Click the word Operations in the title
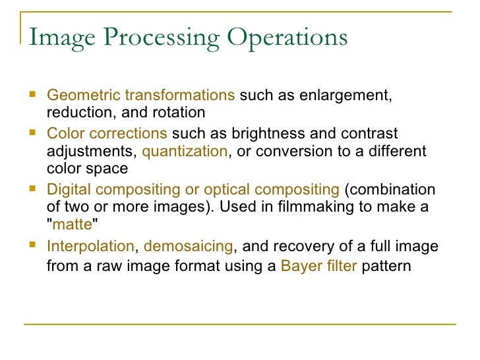click(x=287, y=38)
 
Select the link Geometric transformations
click(x=140, y=96)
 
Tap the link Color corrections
click(x=107, y=134)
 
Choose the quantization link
click(x=185, y=151)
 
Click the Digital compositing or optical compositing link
click(x=193, y=190)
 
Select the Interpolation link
click(x=90, y=247)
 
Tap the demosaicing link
click(x=188, y=247)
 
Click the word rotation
click(x=181, y=113)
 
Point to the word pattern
click(x=386, y=267)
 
